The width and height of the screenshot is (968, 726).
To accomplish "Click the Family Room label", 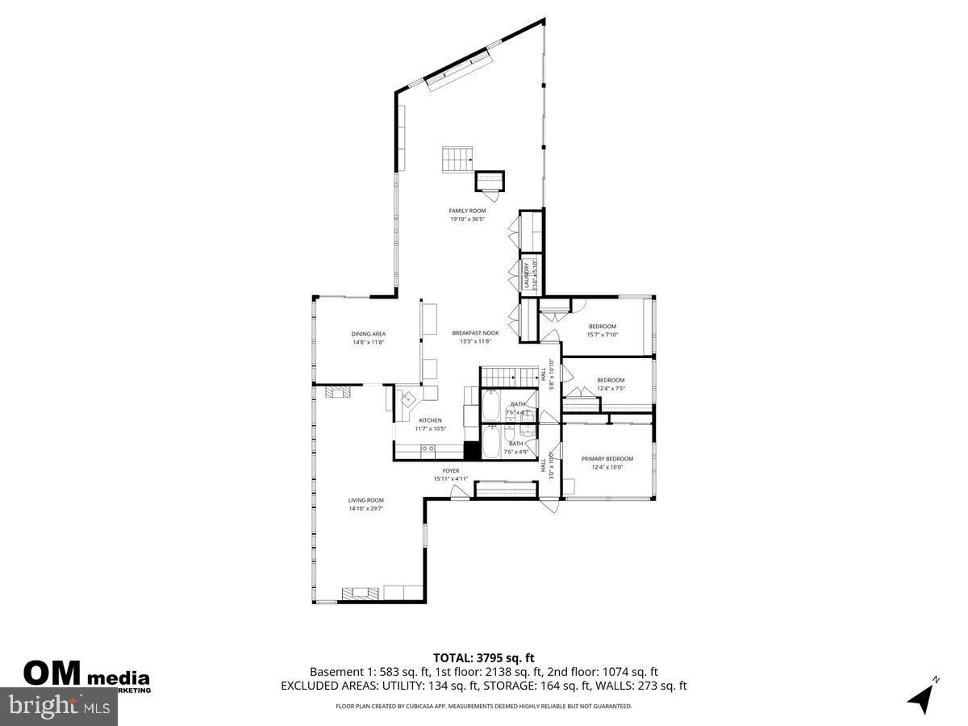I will (x=467, y=211).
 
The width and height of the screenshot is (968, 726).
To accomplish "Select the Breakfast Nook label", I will (x=475, y=332).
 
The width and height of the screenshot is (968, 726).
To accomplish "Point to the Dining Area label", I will (x=368, y=333).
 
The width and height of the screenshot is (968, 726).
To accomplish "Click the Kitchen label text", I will (x=430, y=420).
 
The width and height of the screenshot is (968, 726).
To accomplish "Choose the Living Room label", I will (x=365, y=500).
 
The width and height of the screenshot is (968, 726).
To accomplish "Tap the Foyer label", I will (x=450, y=470).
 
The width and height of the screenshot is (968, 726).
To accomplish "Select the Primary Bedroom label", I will (x=607, y=458).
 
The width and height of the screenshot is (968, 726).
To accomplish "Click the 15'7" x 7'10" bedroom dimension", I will (x=602, y=335).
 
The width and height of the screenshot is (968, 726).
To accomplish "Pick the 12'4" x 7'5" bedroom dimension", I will (x=611, y=388).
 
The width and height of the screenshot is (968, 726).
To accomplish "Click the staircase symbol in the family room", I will (x=457, y=159).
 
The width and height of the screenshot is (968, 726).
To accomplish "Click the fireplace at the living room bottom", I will (x=359, y=594).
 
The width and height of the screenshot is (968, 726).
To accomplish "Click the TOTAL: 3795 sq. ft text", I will (x=483, y=657).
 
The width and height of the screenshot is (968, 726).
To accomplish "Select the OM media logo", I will (x=85, y=674).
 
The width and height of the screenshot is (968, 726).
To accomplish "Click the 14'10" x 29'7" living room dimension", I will (x=365, y=508).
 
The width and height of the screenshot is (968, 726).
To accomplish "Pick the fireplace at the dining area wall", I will (x=338, y=392).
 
